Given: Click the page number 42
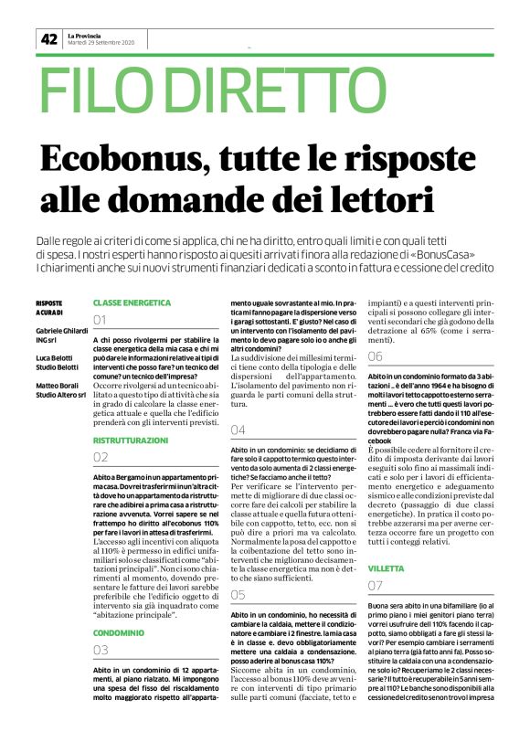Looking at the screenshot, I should tap(48, 38).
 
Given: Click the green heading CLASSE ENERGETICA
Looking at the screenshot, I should tap(132, 302).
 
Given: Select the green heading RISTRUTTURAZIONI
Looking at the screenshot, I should tap(131, 440).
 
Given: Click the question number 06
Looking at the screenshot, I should tap(375, 356).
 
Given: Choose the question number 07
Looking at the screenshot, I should tap(375, 585).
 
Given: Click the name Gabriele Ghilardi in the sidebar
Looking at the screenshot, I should tap(58, 329).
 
